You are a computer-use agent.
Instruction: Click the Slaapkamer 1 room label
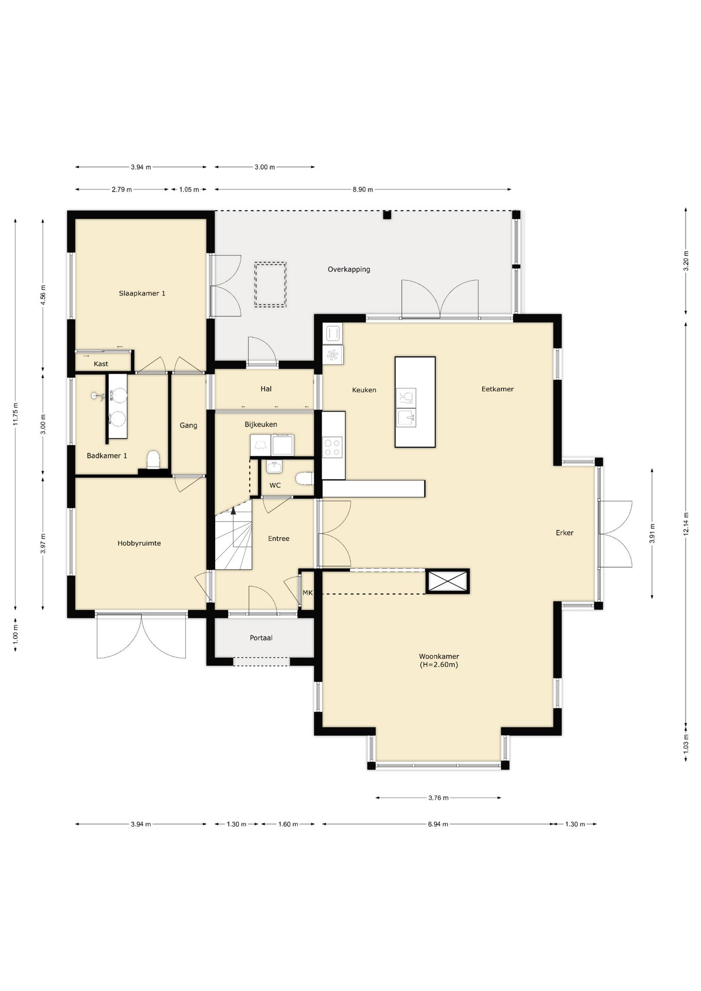[142, 293]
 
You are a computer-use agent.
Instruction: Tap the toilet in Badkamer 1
[153, 460]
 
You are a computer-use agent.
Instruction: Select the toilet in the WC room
[305, 479]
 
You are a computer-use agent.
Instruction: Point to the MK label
[308, 593]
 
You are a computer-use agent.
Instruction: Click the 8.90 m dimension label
[363, 189]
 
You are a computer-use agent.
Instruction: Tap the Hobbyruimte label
[139, 543]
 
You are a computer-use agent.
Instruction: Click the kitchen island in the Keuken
[415, 402]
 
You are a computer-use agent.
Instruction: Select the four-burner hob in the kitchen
[332, 447]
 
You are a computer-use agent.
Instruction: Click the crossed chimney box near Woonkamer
[448, 581]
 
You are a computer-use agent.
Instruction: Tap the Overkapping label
[349, 269]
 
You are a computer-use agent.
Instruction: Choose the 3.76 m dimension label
[438, 797]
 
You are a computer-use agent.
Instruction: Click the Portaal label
[261, 638]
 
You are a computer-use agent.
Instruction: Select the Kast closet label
[101, 364]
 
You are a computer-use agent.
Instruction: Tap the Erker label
[565, 533]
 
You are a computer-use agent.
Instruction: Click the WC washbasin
[274, 468]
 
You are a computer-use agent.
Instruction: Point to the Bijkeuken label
[261, 424]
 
